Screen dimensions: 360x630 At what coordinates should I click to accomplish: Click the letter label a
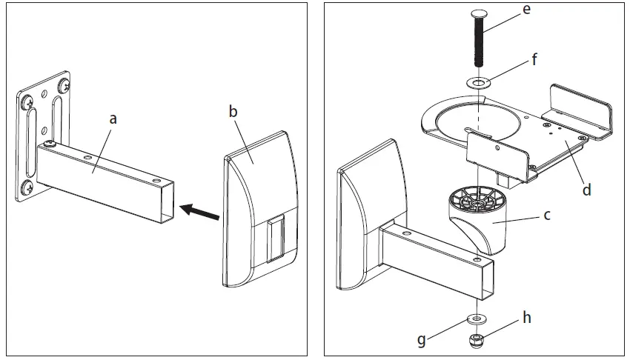113,118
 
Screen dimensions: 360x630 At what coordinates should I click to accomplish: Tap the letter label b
233,112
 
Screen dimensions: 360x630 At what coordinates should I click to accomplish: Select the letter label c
547,215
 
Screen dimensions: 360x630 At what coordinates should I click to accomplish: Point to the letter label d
586,190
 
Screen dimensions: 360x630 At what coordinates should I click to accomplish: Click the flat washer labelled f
479,82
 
